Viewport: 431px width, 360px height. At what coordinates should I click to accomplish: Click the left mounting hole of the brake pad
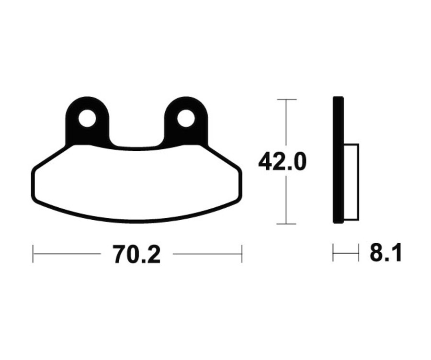[x=87, y=118]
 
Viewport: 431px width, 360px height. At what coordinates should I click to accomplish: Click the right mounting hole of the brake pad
[x=186, y=118]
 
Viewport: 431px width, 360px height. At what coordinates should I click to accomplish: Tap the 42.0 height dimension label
[x=282, y=162]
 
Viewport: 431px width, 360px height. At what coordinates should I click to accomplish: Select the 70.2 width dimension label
[x=136, y=254]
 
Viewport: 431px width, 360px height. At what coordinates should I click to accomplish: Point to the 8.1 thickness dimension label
[x=386, y=253]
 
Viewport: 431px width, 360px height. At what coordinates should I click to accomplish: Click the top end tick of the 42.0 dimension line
[x=286, y=100]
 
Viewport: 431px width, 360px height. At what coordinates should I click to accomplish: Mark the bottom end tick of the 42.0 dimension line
[x=286, y=224]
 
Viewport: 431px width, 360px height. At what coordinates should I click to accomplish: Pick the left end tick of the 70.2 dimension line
[x=33, y=254]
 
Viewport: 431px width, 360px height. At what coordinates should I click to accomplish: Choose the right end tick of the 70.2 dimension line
[x=242, y=254]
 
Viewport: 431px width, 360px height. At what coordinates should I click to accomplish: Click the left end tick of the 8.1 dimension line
[x=333, y=253]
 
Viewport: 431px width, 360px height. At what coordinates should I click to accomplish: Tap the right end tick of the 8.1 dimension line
[x=358, y=253]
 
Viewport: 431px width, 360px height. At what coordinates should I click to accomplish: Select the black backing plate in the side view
[x=338, y=160]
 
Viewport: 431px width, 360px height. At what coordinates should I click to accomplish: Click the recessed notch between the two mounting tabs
[x=136, y=139]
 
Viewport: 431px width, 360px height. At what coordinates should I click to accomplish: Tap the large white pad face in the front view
[x=136, y=184]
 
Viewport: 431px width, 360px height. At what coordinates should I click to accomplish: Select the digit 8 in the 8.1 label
[x=376, y=253]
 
